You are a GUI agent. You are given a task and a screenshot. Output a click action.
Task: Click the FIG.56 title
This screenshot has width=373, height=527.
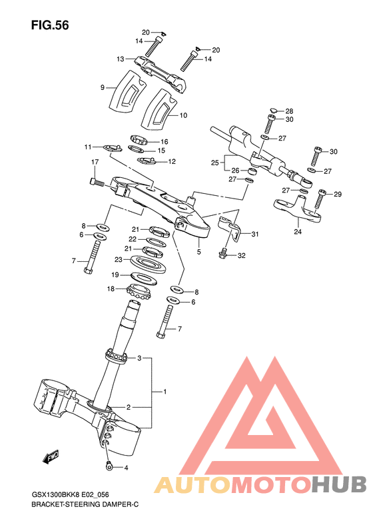(51, 25)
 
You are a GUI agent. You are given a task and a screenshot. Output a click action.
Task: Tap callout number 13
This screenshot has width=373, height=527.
(121, 59)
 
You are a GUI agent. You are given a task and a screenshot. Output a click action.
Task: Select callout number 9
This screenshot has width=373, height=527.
(103, 87)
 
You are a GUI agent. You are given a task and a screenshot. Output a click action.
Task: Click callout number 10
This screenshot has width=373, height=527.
(183, 115)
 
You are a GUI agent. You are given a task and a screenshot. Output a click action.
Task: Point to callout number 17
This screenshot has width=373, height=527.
(95, 162)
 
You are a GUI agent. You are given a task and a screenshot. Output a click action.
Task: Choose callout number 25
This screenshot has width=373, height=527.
(214, 163)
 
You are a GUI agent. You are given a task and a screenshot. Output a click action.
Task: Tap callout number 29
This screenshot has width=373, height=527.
(337, 195)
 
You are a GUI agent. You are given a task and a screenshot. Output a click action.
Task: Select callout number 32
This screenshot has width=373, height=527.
(241, 255)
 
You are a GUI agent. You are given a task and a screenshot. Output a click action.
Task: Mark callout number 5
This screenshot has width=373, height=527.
(198, 253)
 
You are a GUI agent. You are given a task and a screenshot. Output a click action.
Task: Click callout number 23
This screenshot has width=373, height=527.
(118, 260)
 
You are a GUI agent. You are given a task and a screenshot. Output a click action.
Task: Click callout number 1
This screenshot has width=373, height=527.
(165, 391)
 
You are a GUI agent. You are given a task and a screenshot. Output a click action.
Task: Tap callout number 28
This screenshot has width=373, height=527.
(290, 111)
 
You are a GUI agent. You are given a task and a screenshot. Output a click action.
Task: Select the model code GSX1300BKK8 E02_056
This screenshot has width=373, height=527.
(70, 494)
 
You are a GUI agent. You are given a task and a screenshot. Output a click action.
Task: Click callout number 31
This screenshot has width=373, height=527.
(254, 234)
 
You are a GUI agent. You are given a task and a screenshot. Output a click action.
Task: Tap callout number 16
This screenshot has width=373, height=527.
(164, 141)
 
